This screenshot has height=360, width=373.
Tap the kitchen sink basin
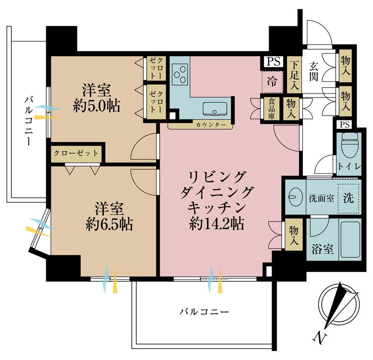pyautogui.click(x=215, y=109)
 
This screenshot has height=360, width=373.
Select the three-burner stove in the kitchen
pyautogui.click(x=180, y=74)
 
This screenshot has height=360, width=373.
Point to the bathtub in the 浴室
pyautogui.click(x=350, y=240)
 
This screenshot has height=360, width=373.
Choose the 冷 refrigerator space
pyautogui.click(x=272, y=82)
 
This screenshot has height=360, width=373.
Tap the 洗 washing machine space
pyautogui.click(x=349, y=198)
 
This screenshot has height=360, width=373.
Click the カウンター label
pyautogui.click(x=211, y=124)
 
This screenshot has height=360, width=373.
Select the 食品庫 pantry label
pyautogui.click(x=272, y=109)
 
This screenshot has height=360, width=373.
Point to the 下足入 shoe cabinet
pyautogui.click(x=294, y=75)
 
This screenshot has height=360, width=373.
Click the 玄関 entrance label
pyautogui.click(x=313, y=71)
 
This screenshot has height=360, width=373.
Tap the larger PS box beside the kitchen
pyautogui.click(x=273, y=62)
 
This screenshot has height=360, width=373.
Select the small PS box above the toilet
pyautogui.click(x=345, y=124)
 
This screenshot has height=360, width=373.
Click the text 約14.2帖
pyautogui.click(x=216, y=224)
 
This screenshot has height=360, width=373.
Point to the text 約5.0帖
pyautogui.click(x=97, y=106)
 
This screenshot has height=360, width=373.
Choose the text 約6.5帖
pyautogui.click(x=109, y=224)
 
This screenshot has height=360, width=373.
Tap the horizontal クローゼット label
pyautogui.click(x=76, y=153)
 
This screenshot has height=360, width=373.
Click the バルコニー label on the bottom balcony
pyautogui.click(x=204, y=311)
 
